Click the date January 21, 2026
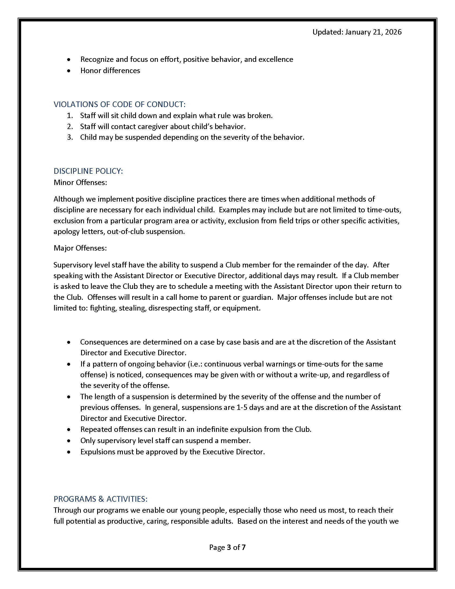coord(373,32)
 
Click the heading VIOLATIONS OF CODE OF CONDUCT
coord(119,104)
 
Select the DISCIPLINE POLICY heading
coord(88,171)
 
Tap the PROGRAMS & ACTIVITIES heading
coord(101,499)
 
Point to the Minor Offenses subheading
coord(80,183)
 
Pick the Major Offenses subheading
coord(80,248)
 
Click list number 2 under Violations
coord(70,126)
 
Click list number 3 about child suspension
coord(70,137)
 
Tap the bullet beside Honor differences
coord(69,71)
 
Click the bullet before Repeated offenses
coord(69,429)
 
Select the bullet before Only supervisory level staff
coord(69,441)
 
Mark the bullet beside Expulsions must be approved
coord(69,452)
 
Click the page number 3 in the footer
coord(229,547)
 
